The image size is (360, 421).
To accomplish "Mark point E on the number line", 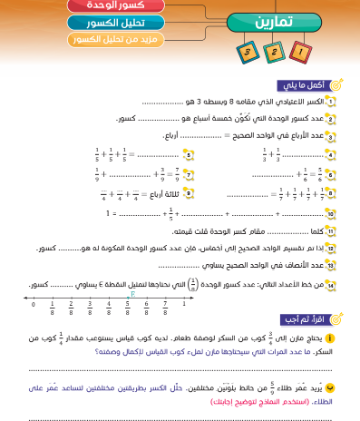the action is tap(131, 293).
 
